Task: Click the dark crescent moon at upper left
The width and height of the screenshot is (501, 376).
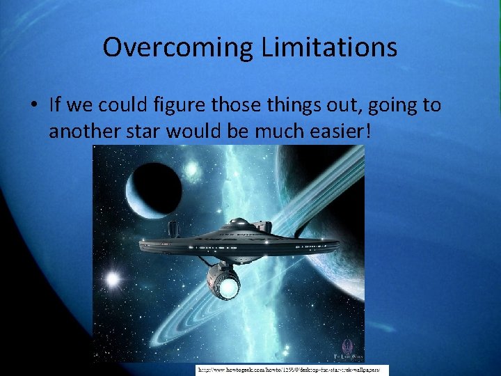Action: pyautogui.click(x=153, y=189)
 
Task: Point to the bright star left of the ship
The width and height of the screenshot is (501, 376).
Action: pyautogui.click(x=111, y=280)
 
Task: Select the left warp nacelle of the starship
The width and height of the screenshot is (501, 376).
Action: pyautogui.click(x=172, y=229)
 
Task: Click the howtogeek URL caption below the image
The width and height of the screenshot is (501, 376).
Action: pyautogui.click(x=292, y=370)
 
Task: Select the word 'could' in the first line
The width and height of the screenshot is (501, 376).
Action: pyautogui.click(x=122, y=105)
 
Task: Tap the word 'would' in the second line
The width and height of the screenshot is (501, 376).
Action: pyautogui.click(x=202, y=130)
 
